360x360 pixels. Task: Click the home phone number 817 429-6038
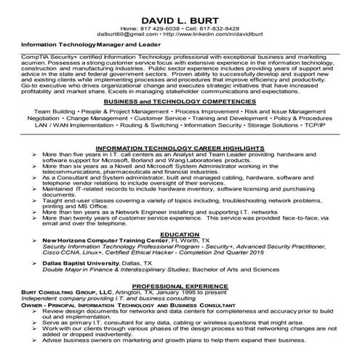click(x=162, y=28)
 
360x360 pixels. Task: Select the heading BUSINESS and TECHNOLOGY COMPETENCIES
click(x=180, y=104)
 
